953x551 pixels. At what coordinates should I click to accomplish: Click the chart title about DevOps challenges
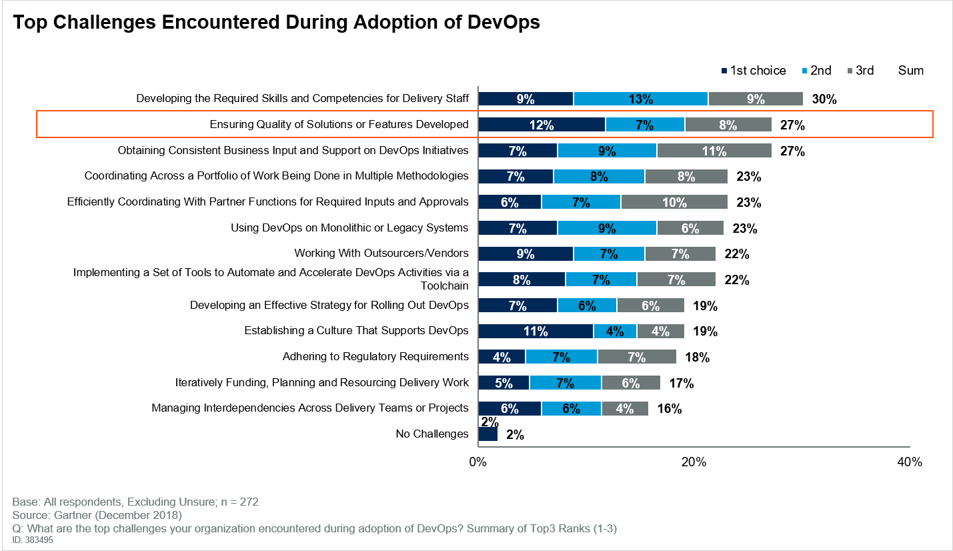pyautogui.click(x=276, y=23)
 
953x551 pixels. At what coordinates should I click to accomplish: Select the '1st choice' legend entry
pyautogui.click(x=754, y=71)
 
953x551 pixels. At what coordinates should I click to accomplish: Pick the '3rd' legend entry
pyautogui.click(x=860, y=71)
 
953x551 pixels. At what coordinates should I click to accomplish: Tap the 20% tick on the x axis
pyautogui.click(x=694, y=462)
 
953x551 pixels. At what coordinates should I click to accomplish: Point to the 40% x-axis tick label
pyautogui.click(x=909, y=462)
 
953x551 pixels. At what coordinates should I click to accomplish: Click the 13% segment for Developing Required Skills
pyautogui.click(x=640, y=99)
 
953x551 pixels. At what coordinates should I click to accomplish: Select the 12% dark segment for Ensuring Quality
pyautogui.click(x=542, y=125)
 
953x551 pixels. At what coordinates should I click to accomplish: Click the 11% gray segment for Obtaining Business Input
pyautogui.click(x=714, y=151)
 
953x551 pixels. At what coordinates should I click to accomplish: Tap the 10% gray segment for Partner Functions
pyautogui.click(x=674, y=202)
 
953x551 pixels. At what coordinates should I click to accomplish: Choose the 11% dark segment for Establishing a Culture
pyautogui.click(x=536, y=331)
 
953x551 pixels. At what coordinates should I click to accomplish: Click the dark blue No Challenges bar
pyautogui.click(x=488, y=434)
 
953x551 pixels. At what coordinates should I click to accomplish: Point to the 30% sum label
pyautogui.click(x=824, y=99)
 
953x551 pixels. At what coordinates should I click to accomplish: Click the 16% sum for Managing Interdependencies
pyautogui.click(x=670, y=409)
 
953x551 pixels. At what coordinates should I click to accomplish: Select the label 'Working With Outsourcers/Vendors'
pyautogui.click(x=381, y=253)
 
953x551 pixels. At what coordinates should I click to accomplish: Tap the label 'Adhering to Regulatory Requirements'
pyautogui.click(x=375, y=357)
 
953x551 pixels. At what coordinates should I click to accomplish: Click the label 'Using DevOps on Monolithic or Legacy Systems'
pyautogui.click(x=349, y=228)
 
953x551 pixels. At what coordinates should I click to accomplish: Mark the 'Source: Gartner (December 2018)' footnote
pyautogui.click(x=97, y=516)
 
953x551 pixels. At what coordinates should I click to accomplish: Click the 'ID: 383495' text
pyautogui.click(x=33, y=540)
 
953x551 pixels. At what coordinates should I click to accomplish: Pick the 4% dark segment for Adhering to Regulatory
pyautogui.click(x=502, y=357)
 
